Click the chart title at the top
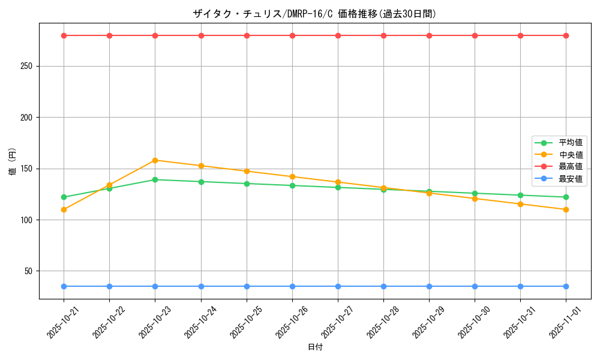click(314, 14)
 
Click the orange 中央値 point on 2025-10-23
click(155, 160)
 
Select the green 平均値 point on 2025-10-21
click(64, 197)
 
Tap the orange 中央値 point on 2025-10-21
click(64, 209)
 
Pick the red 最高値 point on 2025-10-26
click(292, 35)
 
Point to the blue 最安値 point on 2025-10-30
click(475, 286)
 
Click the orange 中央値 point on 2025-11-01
click(566, 209)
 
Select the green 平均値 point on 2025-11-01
click(566, 197)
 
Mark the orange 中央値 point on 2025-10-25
click(247, 171)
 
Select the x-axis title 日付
click(315, 347)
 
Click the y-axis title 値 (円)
click(13, 162)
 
